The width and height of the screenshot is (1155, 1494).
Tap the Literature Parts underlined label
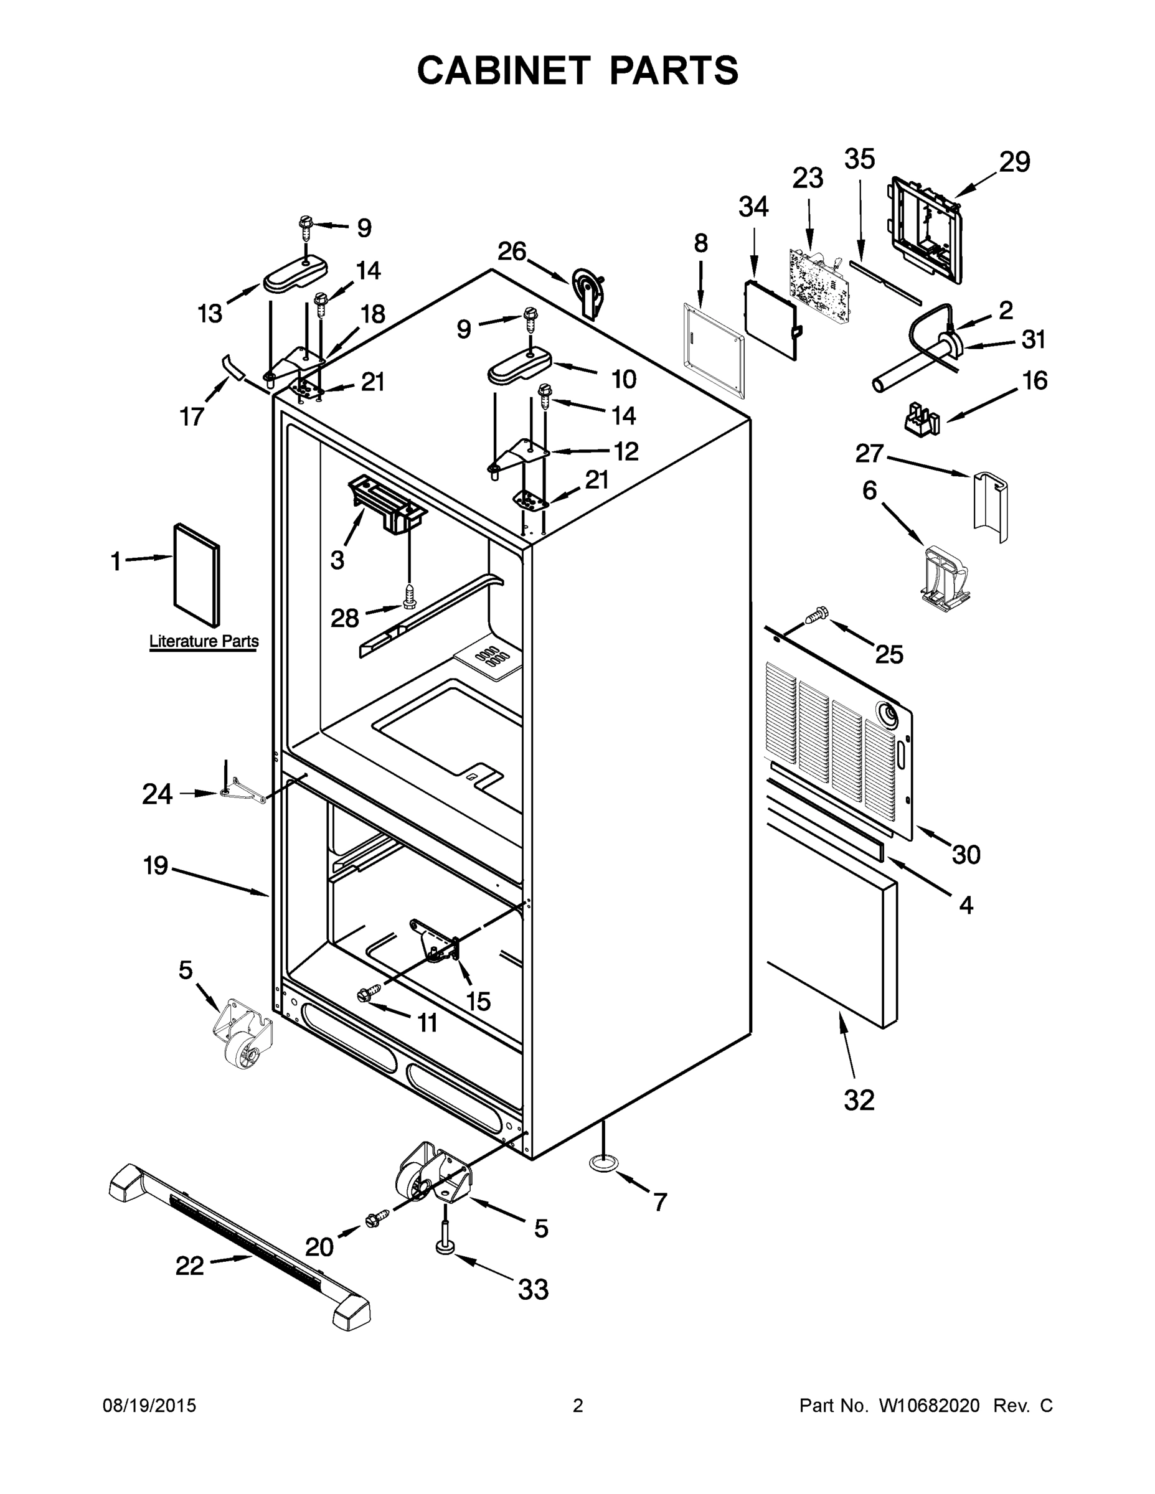coord(204,641)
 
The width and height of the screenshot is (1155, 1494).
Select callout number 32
coord(859,1101)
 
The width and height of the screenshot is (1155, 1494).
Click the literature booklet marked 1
coord(197,575)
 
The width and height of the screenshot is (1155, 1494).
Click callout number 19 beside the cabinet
coord(156,865)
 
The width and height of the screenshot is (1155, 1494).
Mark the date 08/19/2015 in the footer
coord(149,1406)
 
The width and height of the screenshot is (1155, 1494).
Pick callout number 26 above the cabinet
coord(511,251)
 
